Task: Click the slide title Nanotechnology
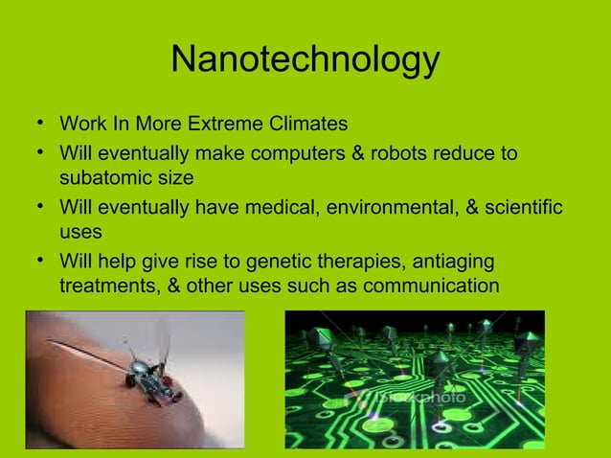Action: [x=305, y=60]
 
